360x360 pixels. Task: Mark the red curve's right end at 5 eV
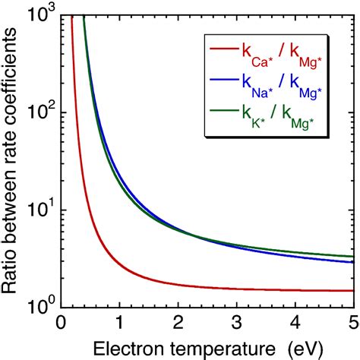[352, 290]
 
